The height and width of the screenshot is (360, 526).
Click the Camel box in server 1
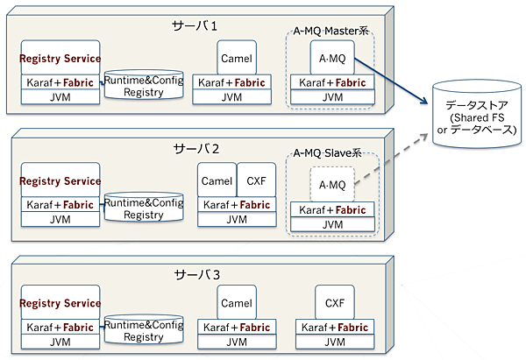tap(237, 59)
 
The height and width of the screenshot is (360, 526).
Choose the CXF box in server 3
tap(334, 304)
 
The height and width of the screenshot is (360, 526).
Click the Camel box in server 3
tap(237, 304)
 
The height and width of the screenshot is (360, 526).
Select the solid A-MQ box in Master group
tap(331, 58)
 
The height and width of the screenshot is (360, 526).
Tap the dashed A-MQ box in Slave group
tap(331, 185)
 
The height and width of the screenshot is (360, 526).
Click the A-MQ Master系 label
tap(331, 32)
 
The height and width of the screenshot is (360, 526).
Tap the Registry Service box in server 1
tap(60, 59)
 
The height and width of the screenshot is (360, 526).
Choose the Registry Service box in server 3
tap(60, 304)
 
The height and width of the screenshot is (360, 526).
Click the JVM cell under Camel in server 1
tap(231, 98)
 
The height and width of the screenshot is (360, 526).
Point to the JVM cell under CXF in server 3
tap(334, 342)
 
